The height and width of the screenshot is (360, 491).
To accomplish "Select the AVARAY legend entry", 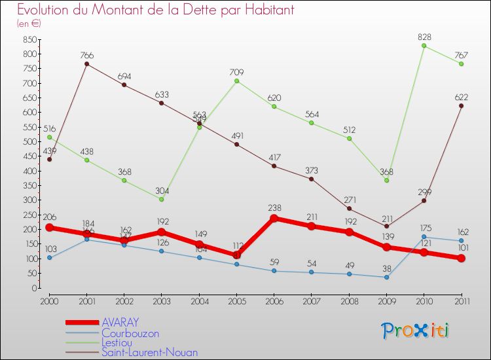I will [120, 322].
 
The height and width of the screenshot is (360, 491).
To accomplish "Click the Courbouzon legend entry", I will [130, 333].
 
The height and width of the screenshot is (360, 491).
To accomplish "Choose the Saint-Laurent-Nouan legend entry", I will [149, 352].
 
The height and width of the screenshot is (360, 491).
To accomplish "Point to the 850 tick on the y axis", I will [28, 39].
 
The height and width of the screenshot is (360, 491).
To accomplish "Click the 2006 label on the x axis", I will [274, 300].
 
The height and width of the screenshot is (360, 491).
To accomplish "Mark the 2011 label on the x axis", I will [462, 300].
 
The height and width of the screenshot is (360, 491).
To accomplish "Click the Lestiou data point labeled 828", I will [424, 45].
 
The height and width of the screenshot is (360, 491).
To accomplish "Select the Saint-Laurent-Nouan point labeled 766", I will [86, 63].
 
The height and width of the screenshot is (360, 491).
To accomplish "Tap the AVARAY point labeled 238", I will [274, 219].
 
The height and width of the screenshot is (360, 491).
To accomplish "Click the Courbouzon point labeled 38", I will [386, 277].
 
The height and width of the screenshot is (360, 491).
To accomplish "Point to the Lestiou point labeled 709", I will [236, 81].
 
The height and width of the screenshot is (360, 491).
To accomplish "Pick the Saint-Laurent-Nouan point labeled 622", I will [462, 106].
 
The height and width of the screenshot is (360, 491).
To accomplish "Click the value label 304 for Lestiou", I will [161, 190].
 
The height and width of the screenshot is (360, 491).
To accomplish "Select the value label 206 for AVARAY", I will [49, 217].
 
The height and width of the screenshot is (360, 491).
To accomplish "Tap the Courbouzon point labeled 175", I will [424, 237].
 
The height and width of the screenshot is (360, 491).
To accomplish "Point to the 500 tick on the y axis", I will [28, 142].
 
